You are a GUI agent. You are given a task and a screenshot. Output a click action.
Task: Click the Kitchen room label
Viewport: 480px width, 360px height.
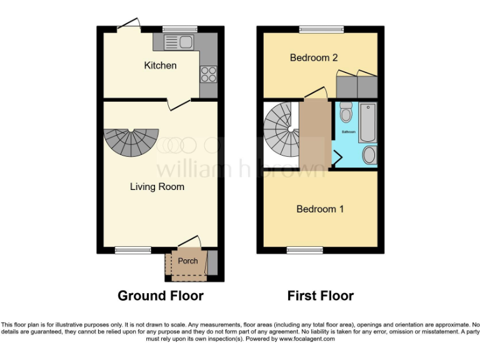(x=160, y=65)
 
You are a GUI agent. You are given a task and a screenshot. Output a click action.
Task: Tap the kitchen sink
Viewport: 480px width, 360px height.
(x=179, y=42)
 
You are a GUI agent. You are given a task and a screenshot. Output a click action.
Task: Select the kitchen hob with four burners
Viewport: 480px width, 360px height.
(x=208, y=74)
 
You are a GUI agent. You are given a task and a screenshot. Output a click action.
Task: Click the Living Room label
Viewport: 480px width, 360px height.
(x=157, y=186)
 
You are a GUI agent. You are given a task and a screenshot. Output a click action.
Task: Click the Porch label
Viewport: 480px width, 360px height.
(x=187, y=261)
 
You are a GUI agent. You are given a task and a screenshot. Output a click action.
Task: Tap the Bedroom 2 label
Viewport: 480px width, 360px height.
(x=314, y=57)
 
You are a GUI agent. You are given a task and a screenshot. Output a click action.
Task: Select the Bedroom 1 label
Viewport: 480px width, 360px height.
(x=320, y=209)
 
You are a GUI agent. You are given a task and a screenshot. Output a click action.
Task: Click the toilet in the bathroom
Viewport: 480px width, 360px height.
(x=346, y=113)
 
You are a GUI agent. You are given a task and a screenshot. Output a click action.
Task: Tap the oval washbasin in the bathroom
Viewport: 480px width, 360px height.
(x=369, y=155)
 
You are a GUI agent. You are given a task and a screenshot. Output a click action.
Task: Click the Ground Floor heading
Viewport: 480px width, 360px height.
(x=161, y=296)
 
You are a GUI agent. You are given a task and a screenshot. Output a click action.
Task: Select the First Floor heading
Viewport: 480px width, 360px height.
(x=321, y=296)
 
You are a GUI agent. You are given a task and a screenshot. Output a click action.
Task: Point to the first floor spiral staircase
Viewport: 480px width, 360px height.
(x=281, y=131)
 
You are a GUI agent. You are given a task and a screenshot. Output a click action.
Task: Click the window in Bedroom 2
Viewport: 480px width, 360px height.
(x=321, y=29)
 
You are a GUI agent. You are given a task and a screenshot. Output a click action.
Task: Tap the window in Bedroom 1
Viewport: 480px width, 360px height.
(x=304, y=250)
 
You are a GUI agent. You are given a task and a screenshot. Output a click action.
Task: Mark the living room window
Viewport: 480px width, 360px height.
(x=132, y=250)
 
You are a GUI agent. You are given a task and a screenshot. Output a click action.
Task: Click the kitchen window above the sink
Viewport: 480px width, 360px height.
(x=179, y=29)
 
